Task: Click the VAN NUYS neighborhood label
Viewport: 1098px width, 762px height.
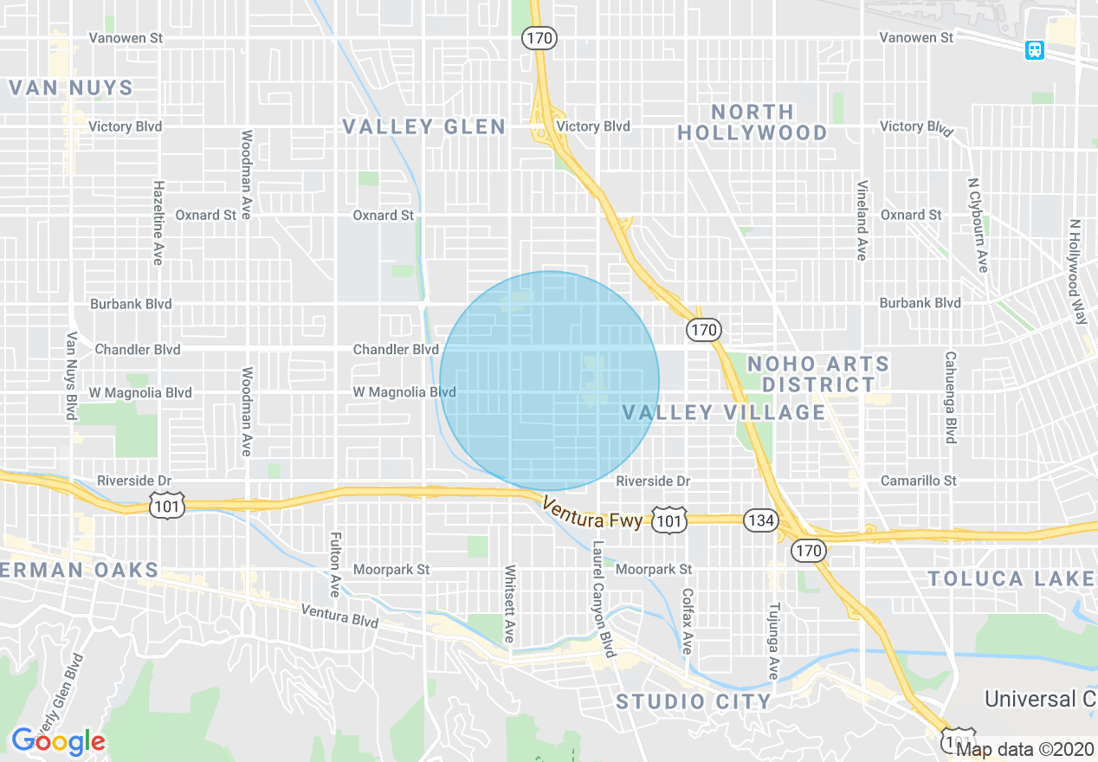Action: pyautogui.click(x=71, y=88)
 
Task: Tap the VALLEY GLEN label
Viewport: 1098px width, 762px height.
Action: pyautogui.click(x=423, y=127)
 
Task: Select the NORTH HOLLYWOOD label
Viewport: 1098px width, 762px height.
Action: pyautogui.click(x=752, y=122)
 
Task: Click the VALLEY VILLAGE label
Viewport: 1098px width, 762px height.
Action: pyautogui.click(x=724, y=413)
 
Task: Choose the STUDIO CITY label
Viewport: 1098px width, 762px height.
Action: pyautogui.click(x=693, y=701)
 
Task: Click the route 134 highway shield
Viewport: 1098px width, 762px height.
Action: pyautogui.click(x=759, y=520)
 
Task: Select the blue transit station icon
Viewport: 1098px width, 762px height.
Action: pyautogui.click(x=1034, y=50)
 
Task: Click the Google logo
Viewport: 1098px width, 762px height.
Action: pyautogui.click(x=57, y=741)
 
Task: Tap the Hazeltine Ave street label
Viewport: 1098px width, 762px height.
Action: pyautogui.click(x=158, y=223)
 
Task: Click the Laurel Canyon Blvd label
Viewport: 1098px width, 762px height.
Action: pyautogui.click(x=602, y=598)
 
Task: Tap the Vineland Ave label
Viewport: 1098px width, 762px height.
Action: pyautogui.click(x=862, y=221)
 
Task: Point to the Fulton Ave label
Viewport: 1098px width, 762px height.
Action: pyautogui.click(x=335, y=564)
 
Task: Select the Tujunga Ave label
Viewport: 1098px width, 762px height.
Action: pyautogui.click(x=774, y=641)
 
